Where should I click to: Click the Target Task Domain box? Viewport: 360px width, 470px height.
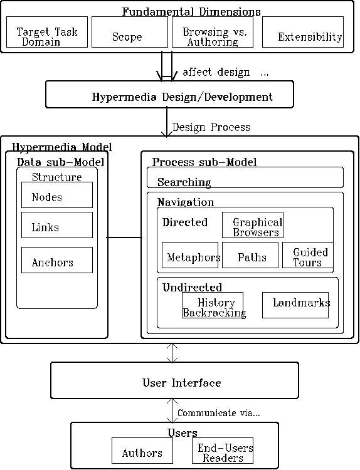47,32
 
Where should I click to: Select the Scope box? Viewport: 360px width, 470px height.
130,32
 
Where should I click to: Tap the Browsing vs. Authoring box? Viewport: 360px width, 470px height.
213,32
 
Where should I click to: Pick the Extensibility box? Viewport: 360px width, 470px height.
303,32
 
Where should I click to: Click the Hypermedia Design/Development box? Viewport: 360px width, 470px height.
169,95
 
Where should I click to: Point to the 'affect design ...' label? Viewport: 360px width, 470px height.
226,72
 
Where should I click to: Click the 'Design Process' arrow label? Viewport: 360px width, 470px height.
211,127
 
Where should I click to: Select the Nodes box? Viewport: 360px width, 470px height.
57,195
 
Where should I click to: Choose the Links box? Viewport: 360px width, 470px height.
57,225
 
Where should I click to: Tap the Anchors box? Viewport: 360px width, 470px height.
57,260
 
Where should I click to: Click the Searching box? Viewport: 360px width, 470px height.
245,177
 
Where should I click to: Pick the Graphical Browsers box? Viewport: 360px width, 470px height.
253,225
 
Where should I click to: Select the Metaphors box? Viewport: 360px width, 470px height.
190,255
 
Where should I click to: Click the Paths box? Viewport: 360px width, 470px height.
250,255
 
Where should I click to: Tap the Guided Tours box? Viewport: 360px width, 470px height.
308,255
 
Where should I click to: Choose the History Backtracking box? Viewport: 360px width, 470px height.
213,305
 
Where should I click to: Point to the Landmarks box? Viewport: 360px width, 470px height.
295,305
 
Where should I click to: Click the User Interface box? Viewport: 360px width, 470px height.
174,380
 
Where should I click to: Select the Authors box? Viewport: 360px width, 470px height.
142,451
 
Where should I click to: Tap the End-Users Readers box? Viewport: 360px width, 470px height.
223,451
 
